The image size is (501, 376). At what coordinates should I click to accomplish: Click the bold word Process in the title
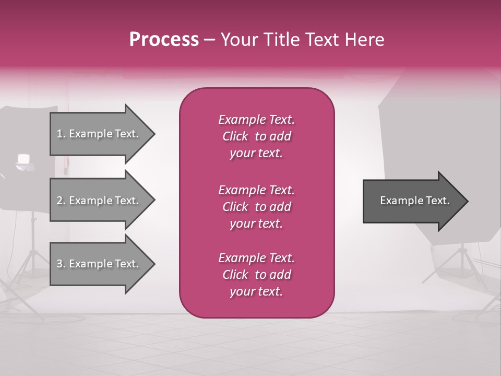pos(164,40)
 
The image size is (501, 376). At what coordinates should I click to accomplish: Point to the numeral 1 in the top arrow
pos(59,134)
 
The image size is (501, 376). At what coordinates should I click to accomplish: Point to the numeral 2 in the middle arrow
pos(59,201)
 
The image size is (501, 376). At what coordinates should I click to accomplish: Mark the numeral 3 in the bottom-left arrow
pos(59,264)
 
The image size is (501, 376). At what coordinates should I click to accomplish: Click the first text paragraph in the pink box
pos(257,136)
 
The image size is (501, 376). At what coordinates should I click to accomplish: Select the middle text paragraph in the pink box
pos(257,206)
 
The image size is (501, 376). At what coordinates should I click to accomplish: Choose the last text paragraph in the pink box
pos(257,275)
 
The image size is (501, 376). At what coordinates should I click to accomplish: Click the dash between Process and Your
pos(210,40)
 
